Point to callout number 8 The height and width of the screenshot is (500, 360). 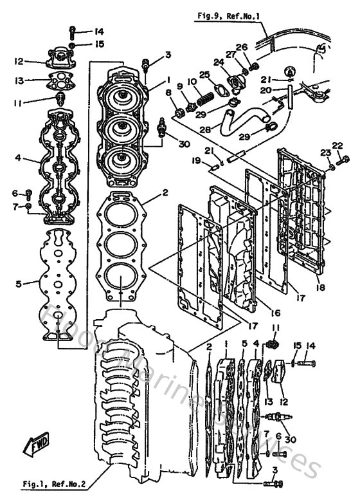(x=169, y=93)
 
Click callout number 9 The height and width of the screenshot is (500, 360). (x=181, y=86)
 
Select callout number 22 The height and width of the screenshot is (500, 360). (x=338, y=145)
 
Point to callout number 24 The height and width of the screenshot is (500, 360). (x=218, y=62)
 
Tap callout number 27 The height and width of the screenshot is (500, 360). (x=230, y=54)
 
